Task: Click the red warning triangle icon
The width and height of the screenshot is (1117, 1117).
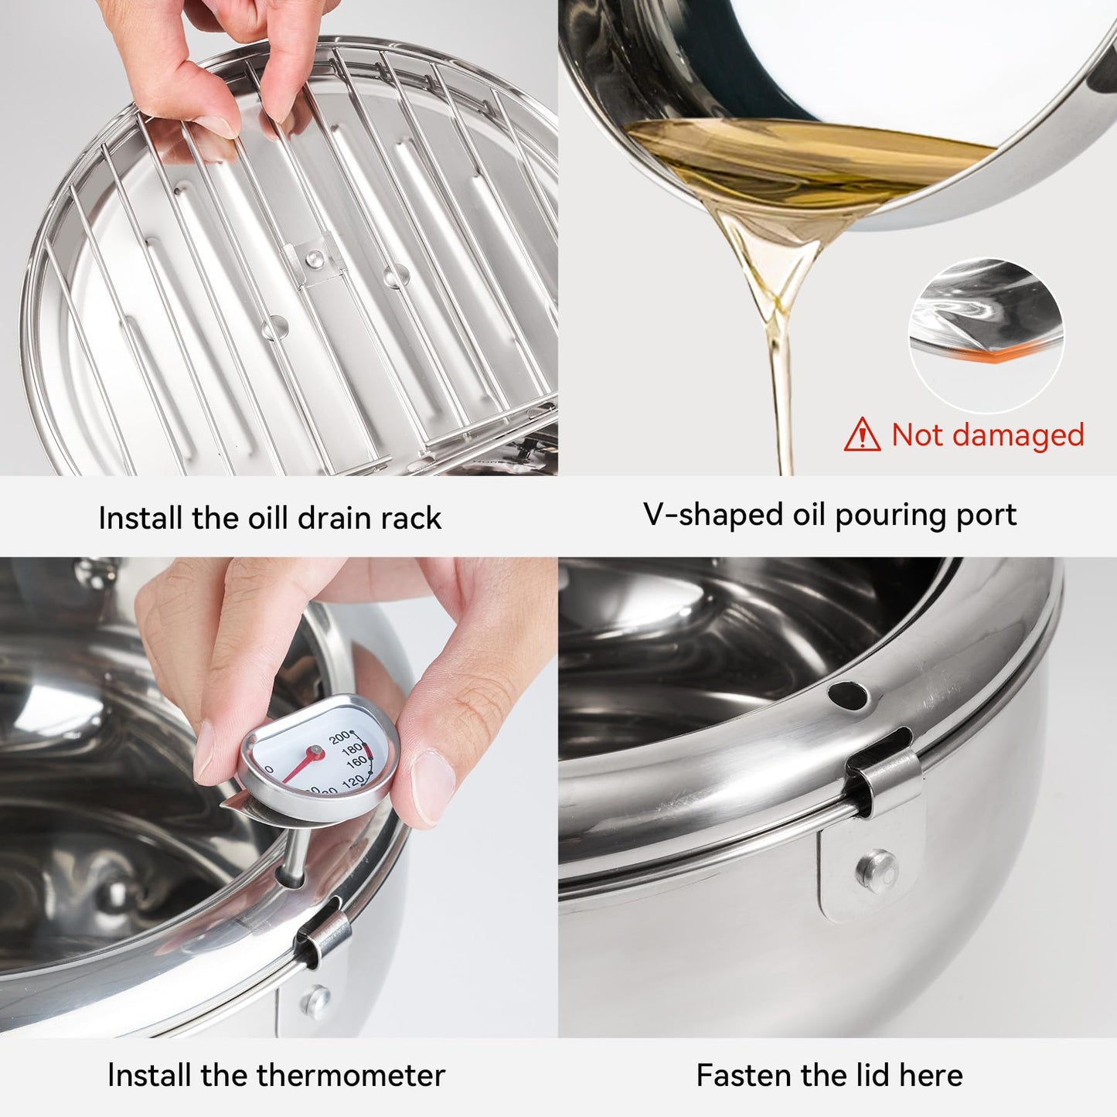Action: [x=862, y=435]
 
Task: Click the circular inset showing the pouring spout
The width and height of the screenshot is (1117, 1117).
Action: [x=986, y=335]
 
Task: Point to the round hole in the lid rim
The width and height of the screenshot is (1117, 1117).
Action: [x=848, y=696]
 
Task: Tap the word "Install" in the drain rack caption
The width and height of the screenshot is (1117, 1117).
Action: [x=141, y=518]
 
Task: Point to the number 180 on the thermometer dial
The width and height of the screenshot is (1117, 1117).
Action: [x=352, y=748]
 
